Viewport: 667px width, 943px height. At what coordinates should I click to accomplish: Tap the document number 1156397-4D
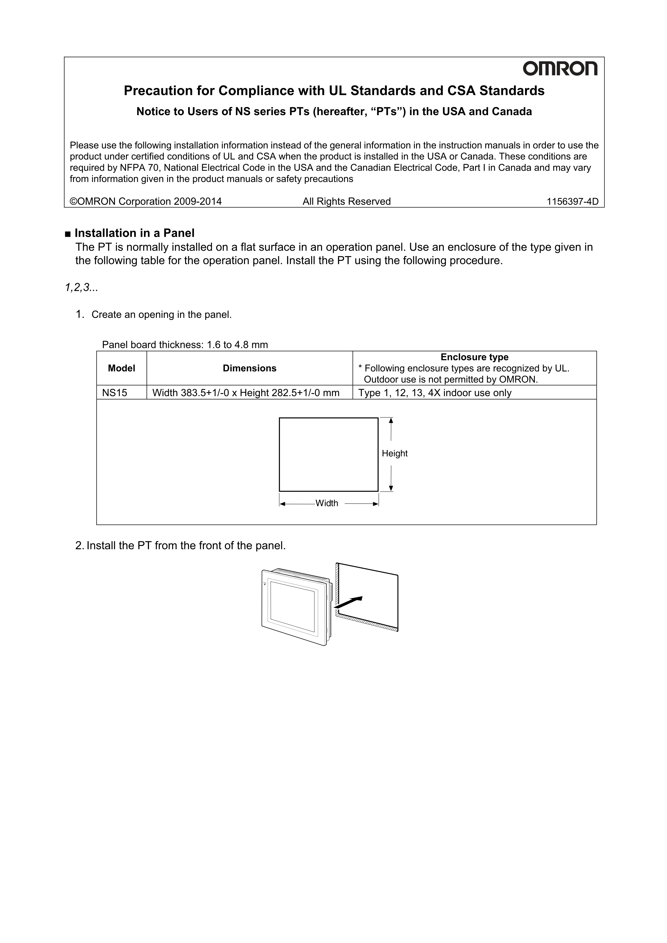click(x=572, y=201)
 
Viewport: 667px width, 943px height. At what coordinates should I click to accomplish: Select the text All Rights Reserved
click(x=346, y=201)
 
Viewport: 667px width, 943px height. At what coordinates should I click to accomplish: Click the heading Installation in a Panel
click(x=134, y=233)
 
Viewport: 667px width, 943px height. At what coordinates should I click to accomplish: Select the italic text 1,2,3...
click(x=81, y=288)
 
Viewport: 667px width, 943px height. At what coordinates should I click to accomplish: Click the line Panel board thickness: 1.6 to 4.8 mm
click(x=185, y=345)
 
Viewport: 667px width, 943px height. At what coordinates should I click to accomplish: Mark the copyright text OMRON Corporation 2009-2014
click(x=146, y=201)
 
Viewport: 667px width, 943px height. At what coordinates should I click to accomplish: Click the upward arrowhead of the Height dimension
click(x=391, y=420)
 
